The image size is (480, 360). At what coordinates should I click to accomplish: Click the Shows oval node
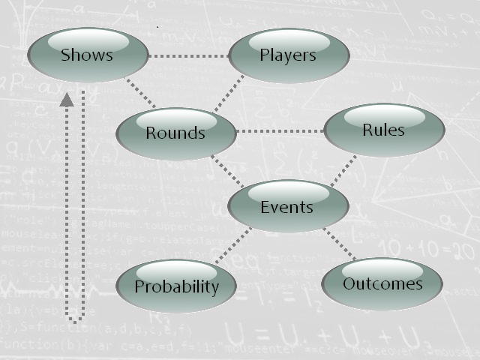(x=86, y=55)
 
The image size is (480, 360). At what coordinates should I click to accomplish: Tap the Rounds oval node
(x=175, y=133)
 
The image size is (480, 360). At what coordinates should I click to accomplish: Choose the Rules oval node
(x=383, y=130)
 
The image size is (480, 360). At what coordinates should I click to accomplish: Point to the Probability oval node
(x=177, y=286)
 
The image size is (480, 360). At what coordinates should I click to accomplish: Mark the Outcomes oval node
(x=382, y=283)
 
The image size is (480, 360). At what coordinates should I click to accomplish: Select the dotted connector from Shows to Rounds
(x=140, y=94)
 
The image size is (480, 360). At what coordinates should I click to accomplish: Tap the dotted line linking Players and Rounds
(x=228, y=94)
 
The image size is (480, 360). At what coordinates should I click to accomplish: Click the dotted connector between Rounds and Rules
(x=279, y=132)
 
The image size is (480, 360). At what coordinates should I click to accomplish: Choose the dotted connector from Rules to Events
(x=343, y=170)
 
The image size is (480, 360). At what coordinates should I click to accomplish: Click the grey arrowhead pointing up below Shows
(x=67, y=99)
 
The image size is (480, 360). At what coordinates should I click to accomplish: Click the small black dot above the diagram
(x=157, y=27)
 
